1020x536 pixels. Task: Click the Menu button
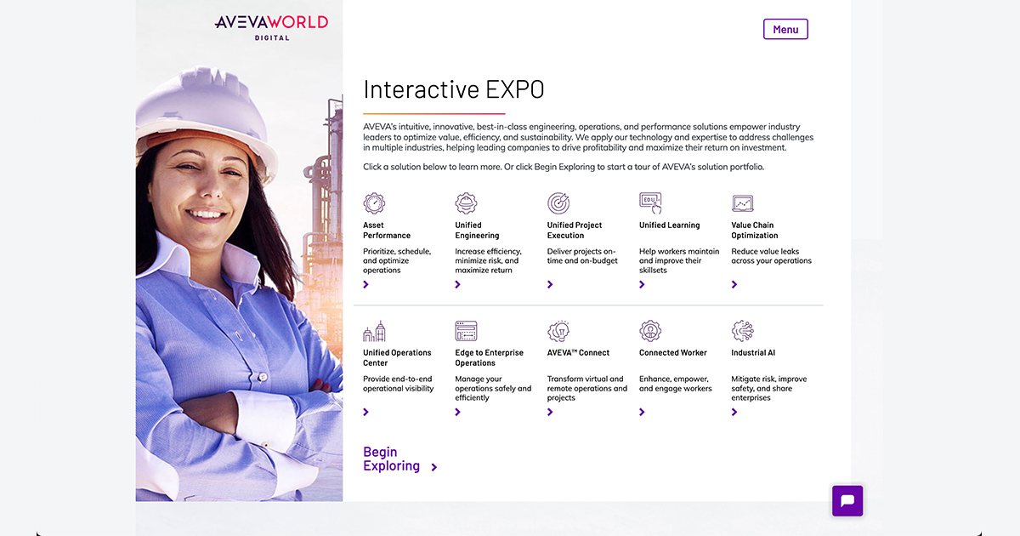tap(785, 30)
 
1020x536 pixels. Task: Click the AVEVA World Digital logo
tap(271, 26)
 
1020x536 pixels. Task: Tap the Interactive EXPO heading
tap(453, 89)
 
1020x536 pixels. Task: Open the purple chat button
tap(847, 501)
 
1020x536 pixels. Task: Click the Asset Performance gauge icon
tap(374, 203)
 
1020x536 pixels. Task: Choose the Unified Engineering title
tap(477, 231)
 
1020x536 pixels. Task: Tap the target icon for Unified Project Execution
tap(558, 203)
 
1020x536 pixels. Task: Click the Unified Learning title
tap(669, 225)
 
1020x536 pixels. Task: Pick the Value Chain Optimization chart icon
tap(743, 203)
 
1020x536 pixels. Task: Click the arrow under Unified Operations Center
tap(366, 413)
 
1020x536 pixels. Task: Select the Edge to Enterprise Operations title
tap(489, 358)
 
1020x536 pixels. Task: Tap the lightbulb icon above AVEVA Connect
tap(558, 331)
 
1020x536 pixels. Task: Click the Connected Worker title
tap(672, 353)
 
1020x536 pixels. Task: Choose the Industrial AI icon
tap(743, 331)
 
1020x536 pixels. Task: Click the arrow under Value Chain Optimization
tap(734, 285)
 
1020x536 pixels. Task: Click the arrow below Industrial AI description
tap(734, 413)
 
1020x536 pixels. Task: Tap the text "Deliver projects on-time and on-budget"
tap(581, 256)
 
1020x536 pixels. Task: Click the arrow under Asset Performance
tap(366, 285)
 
